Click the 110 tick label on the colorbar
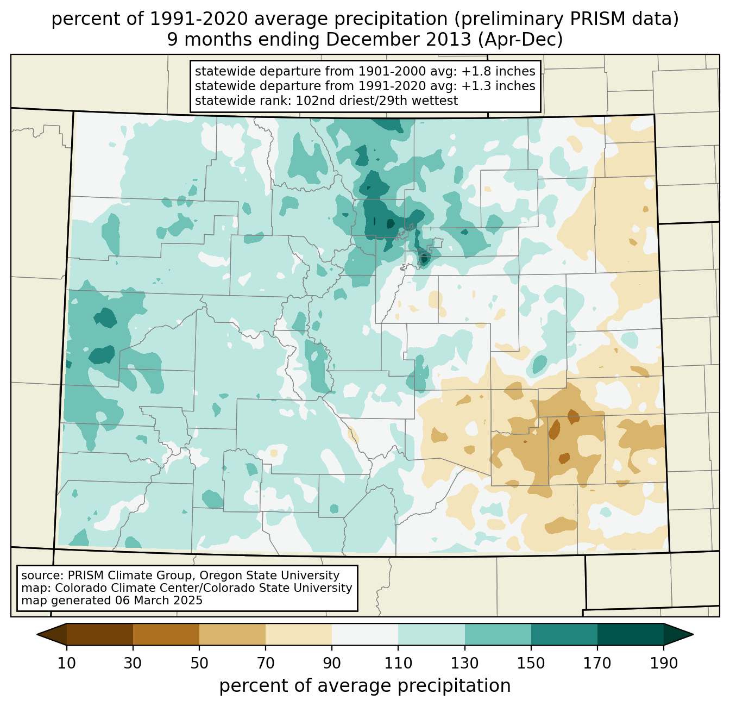click(398, 664)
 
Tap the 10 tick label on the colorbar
click(67, 664)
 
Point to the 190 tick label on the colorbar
click(663, 664)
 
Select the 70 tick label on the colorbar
click(266, 664)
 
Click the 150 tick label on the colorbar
click(531, 664)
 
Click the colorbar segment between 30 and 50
click(166, 634)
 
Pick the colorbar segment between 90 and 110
click(365, 634)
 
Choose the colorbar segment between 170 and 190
click(630, 634)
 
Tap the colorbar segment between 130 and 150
click(498, 634)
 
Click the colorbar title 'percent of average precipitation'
click(365, 686)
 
